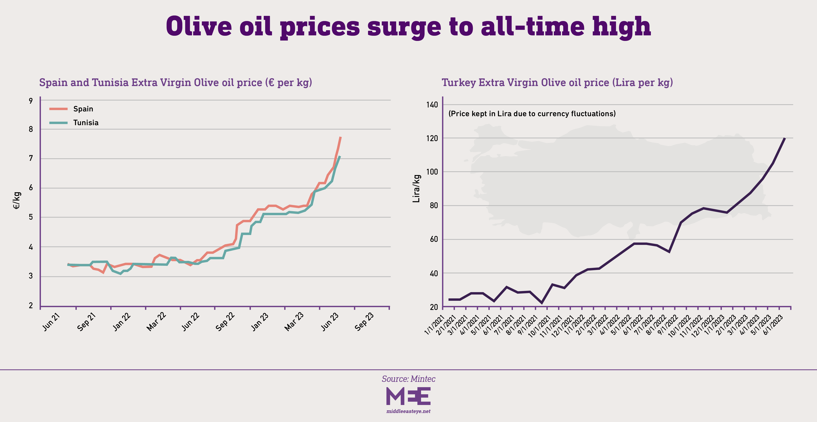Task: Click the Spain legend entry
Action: coord(83,109)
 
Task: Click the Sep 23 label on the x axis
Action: coord(364,322)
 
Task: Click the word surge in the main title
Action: coord(404,27)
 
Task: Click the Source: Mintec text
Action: coord(408,379)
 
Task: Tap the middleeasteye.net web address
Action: coord(408,411)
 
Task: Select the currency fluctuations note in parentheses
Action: coord(532,114)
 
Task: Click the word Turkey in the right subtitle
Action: coord(459,83)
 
